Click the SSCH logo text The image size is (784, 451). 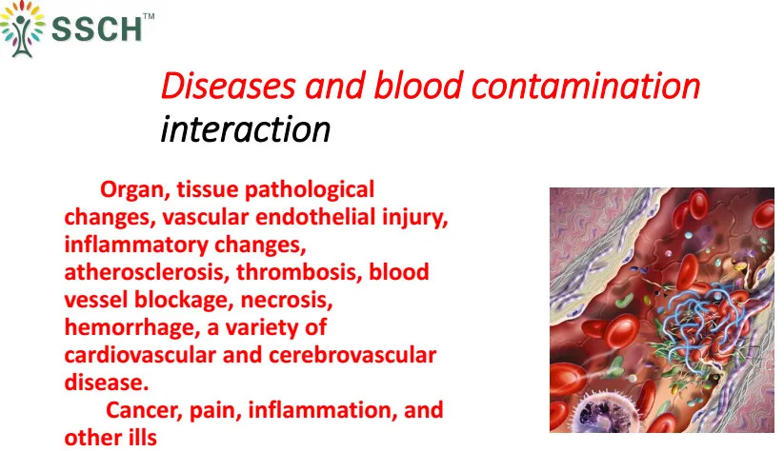click(97, 29)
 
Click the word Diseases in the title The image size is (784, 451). click(228, 86)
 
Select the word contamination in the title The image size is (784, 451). click(586, 86)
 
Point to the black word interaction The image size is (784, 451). click(246, 129)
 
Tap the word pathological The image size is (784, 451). click(310, 190)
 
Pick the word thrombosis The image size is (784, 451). click(299, 272)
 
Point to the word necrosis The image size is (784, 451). click(287, 300)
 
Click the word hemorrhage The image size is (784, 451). click(132, 328)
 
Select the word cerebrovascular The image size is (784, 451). click(352, 355)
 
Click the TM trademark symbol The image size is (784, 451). click(149, 16)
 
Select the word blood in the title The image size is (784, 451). click(418, 86)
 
